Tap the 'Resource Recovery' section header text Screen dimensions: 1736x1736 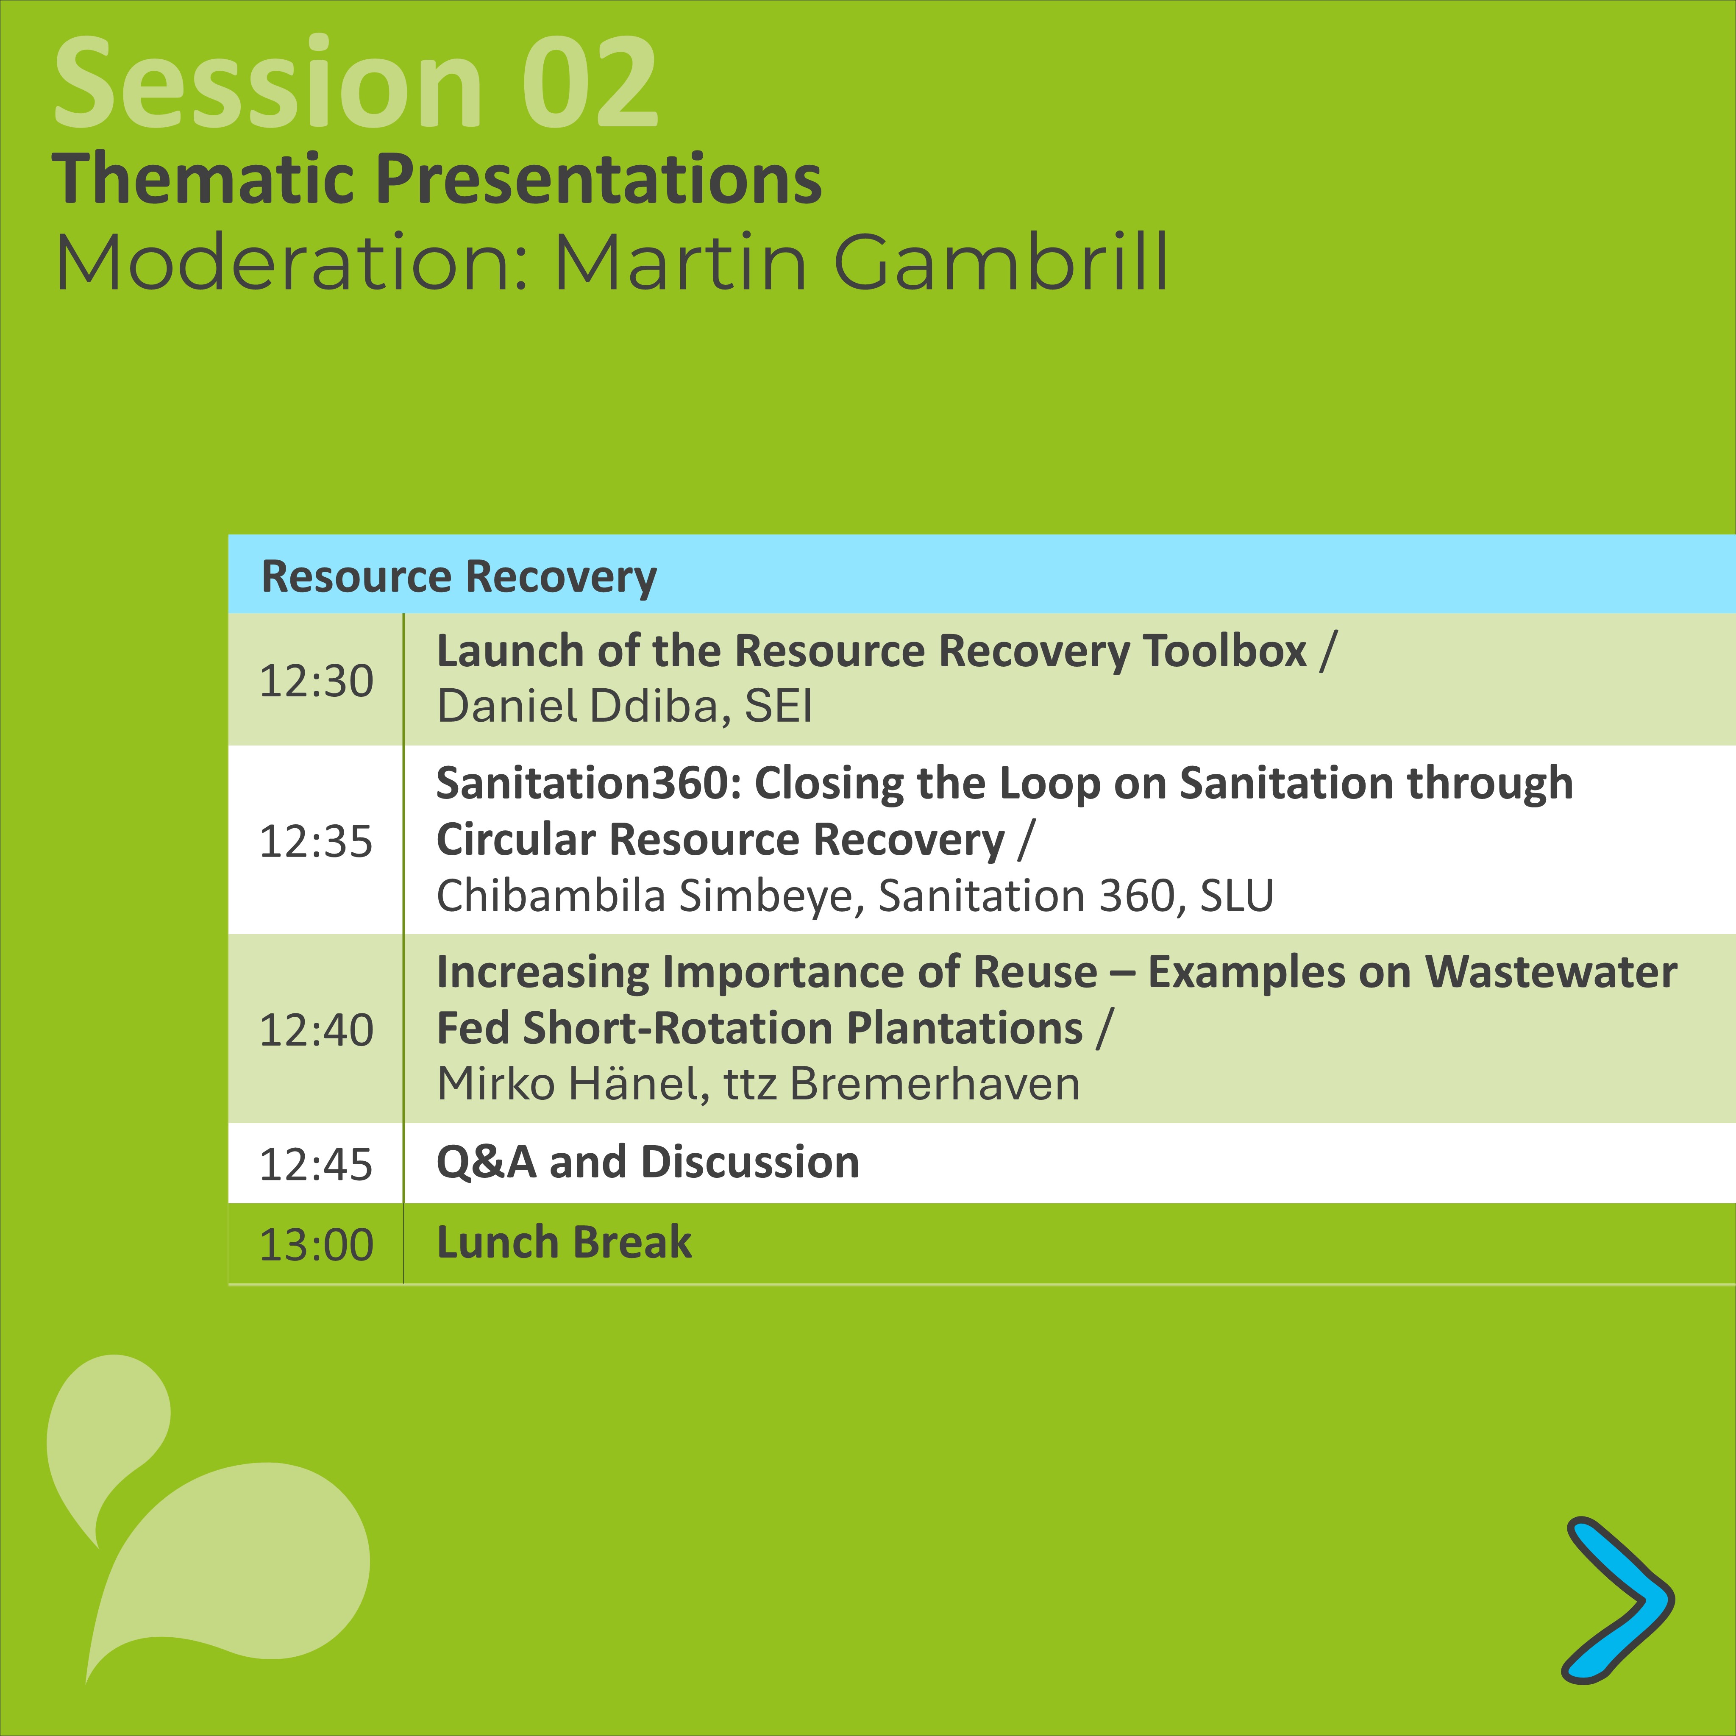point(459,577)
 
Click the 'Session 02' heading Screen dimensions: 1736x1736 point(357,83)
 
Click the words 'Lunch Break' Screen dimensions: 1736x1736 point(564,1243)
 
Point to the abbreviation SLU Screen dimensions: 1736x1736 point(1237,896)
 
